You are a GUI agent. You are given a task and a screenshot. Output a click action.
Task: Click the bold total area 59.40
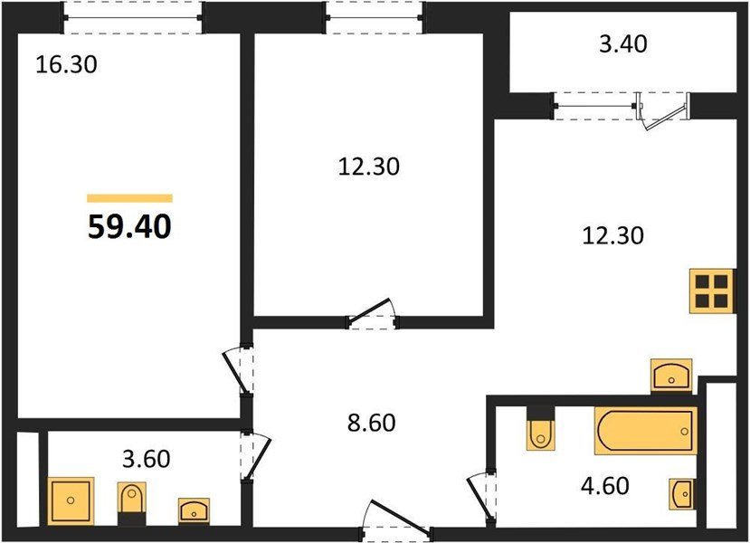tap(129, 226)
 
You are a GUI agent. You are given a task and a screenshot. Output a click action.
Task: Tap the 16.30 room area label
tap(66, 64)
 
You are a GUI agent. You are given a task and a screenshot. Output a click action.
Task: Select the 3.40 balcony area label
tap(623, 43)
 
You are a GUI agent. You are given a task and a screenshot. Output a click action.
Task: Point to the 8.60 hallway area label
tap(372, 423)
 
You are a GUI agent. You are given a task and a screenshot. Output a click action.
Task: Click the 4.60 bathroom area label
tap(605, 486)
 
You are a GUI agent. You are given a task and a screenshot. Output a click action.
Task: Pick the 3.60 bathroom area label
tap(147, 459)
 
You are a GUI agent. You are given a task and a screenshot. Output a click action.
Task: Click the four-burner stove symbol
tap(712, 291)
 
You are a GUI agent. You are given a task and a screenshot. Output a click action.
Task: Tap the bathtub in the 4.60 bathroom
tap(645, 431)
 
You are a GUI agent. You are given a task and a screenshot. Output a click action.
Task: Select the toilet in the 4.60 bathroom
tap(541, 429)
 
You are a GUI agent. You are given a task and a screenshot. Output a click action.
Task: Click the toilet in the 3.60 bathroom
tap(131, 503)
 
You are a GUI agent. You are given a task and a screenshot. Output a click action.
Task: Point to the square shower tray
tap(71, 500)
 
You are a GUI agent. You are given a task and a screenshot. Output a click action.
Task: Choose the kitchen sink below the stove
tap(671, 375)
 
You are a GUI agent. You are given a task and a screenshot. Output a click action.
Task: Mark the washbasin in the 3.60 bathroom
tap(194, 510)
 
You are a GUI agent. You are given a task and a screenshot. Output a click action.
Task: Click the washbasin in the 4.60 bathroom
tap(680, 494)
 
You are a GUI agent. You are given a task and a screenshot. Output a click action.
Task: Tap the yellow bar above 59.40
tap(129, 198)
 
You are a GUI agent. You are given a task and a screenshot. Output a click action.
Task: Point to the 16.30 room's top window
tap(133, 18)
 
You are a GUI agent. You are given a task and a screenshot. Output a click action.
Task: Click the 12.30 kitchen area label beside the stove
tap(612, 236)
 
